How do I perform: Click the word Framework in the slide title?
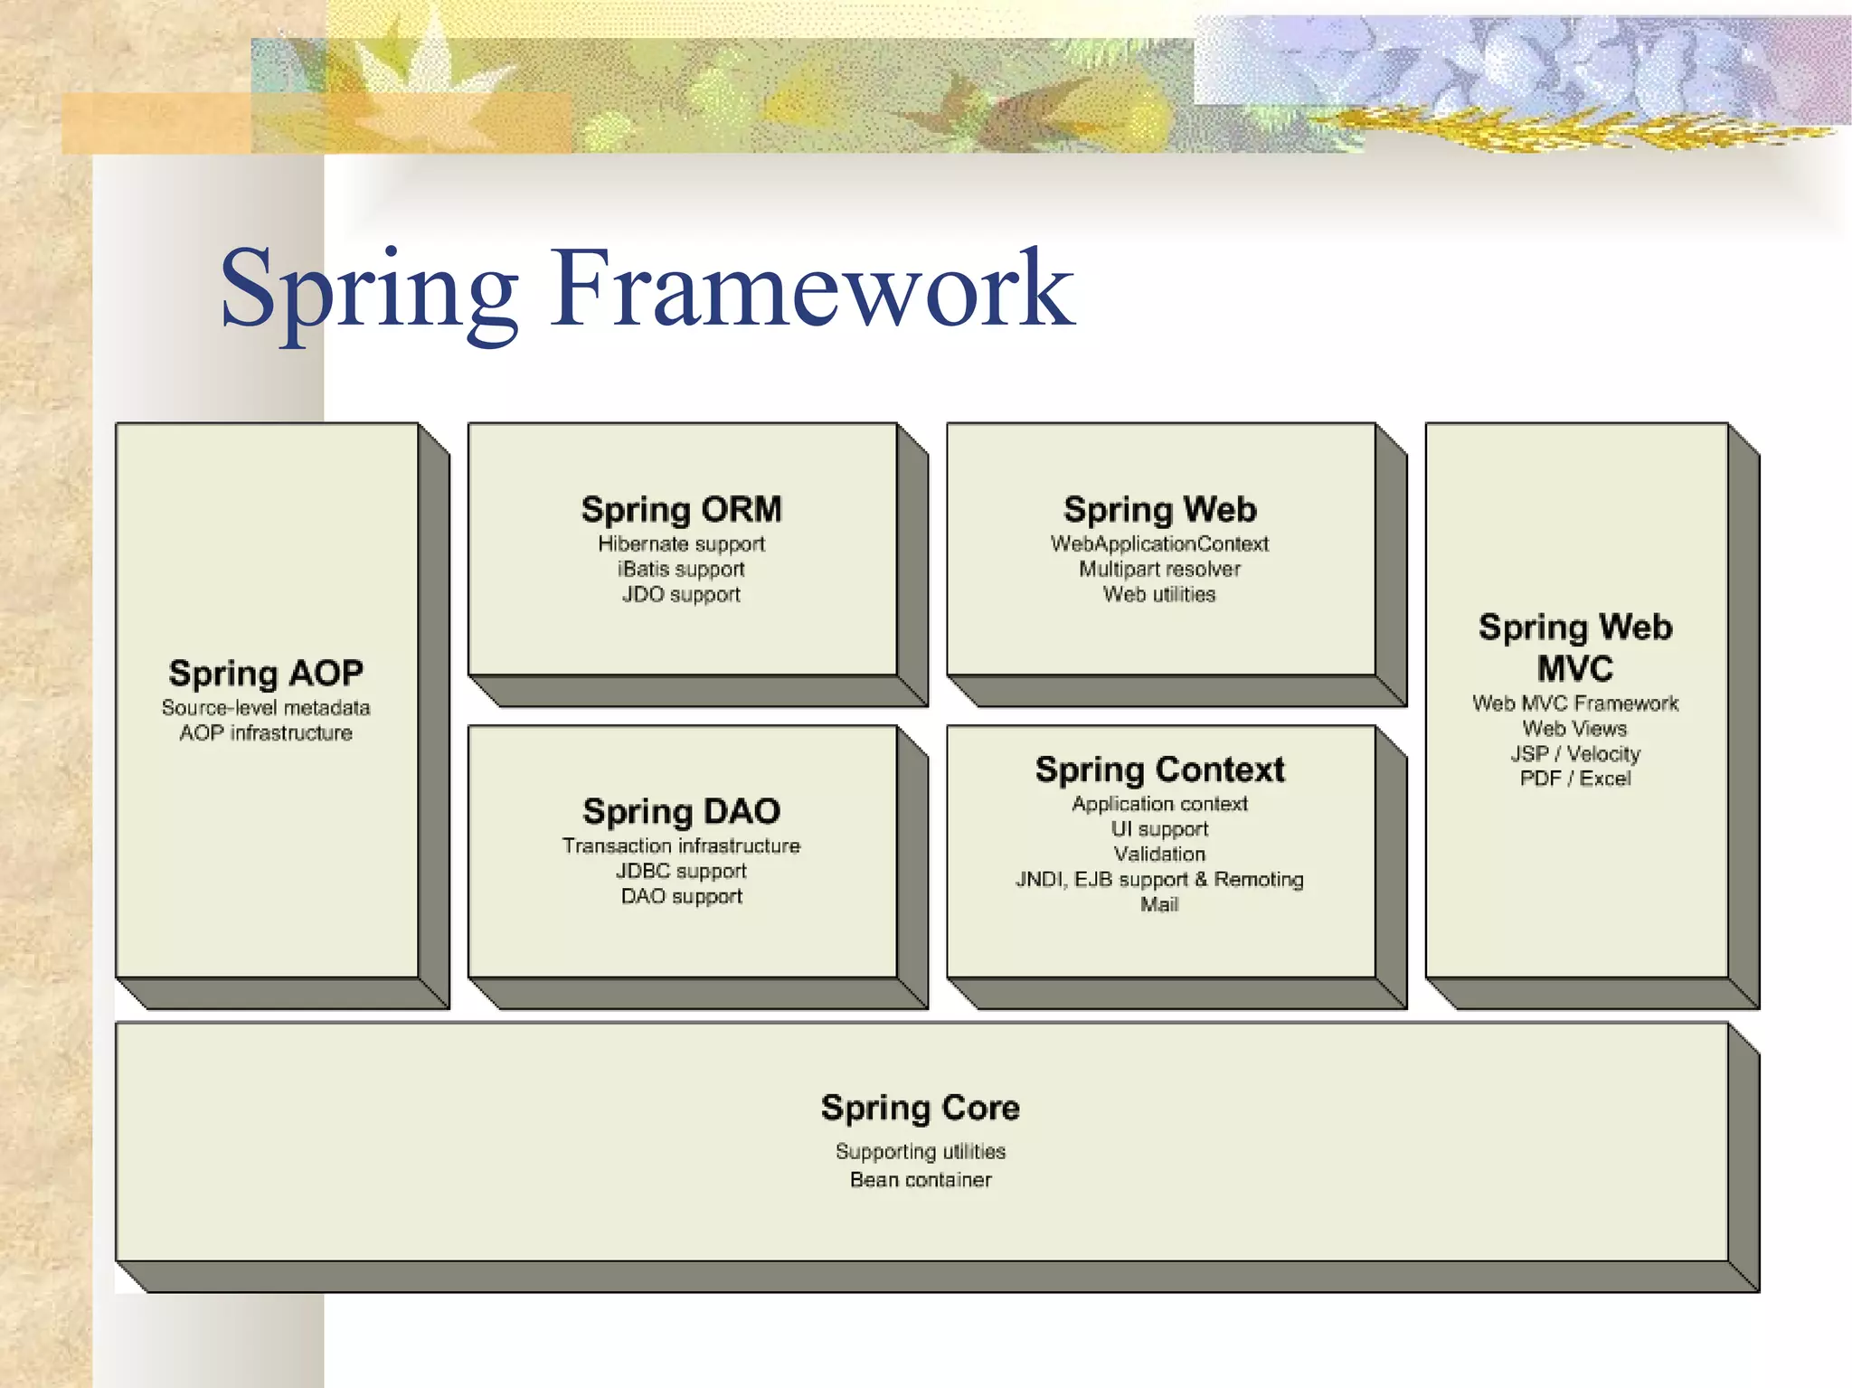pos(811,289)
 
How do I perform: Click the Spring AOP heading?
pos(266,674)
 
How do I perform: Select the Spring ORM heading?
pos(681,509)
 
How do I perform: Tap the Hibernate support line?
pos(681,544)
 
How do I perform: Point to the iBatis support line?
pos(681,570)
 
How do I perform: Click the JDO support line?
pos(681,595)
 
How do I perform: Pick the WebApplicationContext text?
pos(1159,544)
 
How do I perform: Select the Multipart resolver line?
pos(1159,570)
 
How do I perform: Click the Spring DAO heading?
pos(681,811)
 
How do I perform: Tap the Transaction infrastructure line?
pos(681,846)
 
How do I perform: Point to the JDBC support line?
pos(681,872)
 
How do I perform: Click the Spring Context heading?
pos(1159,770)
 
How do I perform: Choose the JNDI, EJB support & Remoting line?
pos(1159,880)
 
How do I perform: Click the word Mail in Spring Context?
pos(1159,905)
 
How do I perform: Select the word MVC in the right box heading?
pos(1574,669)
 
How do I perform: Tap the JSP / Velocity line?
pos(1574,754)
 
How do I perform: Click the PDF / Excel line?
pos(1574,779)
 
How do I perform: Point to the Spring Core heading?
pos(920,1108)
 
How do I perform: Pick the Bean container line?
pos(920,1180)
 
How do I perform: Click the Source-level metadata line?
pos(266,708)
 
